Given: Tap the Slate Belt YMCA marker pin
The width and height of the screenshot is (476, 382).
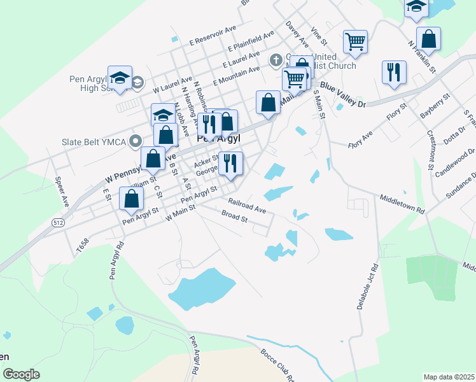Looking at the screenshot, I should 136,141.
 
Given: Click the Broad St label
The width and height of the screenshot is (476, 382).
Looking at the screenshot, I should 234,218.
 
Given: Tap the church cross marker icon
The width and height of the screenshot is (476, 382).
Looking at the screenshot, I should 276,60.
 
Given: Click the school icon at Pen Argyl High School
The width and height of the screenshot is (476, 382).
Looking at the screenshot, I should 120,78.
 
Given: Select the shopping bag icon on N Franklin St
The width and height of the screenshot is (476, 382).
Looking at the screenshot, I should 429,39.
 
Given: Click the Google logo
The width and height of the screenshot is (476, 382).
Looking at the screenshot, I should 21,374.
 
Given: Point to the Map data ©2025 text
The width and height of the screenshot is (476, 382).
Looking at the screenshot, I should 448,377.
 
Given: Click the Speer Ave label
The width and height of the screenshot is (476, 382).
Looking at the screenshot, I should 62,191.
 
